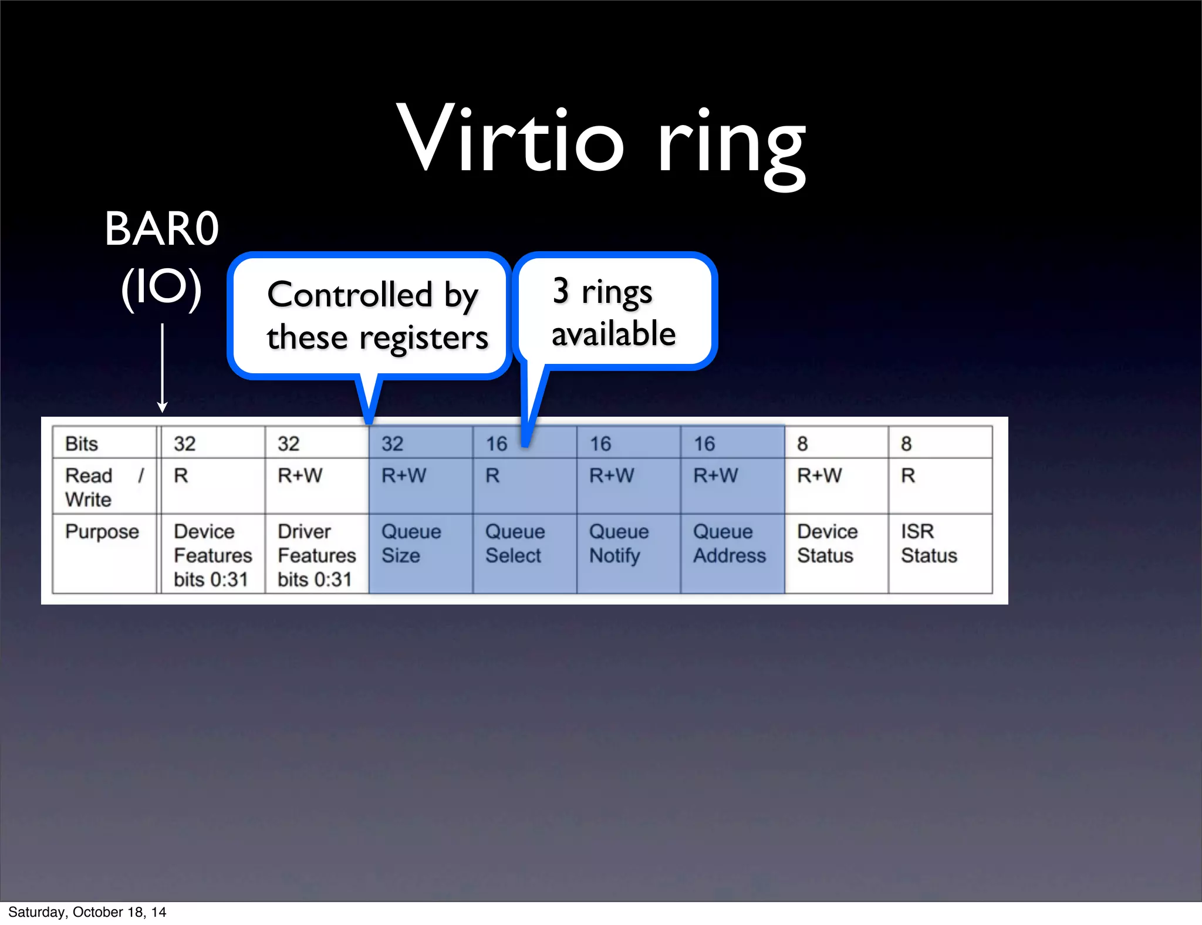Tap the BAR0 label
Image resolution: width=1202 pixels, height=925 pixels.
161,229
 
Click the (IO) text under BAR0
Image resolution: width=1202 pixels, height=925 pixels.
161,288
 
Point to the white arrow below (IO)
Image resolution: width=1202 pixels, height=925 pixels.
163,367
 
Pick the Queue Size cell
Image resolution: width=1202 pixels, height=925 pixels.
411,543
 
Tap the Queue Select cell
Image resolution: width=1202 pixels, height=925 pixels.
515,543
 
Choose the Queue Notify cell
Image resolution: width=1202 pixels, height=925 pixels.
619,543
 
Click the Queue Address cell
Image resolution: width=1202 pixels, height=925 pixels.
729,543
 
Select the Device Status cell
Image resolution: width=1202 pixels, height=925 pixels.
827,543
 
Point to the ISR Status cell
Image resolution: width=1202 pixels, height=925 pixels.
928,543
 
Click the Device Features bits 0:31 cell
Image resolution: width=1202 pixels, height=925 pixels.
212,555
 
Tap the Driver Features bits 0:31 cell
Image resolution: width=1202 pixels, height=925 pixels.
316,555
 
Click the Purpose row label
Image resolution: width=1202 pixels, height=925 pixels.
102,532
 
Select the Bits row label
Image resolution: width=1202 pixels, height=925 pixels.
82,444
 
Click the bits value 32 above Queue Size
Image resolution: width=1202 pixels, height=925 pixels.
393,444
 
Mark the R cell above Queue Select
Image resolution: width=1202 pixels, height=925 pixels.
492,475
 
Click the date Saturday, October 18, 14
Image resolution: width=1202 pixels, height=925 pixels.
87,912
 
